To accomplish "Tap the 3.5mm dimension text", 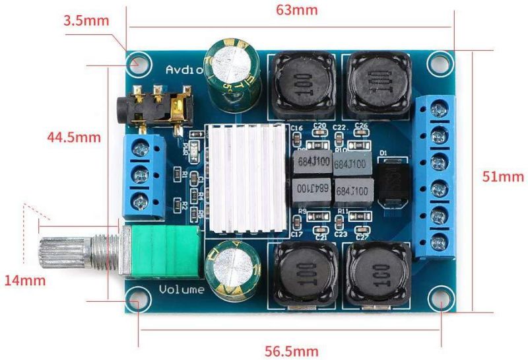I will pyautogui.click(x=86, y=20).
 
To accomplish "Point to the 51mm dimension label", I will pyautogui.click(x=503, y=176).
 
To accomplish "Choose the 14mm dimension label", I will pyautogui.click(x=25, y=280).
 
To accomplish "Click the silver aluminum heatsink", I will pyautogui.click(x=246, y=178).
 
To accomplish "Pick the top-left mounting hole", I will pyautogui.click(x=137, y=64).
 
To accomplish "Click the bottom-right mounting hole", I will pyautogui.click(x=439, y=296).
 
